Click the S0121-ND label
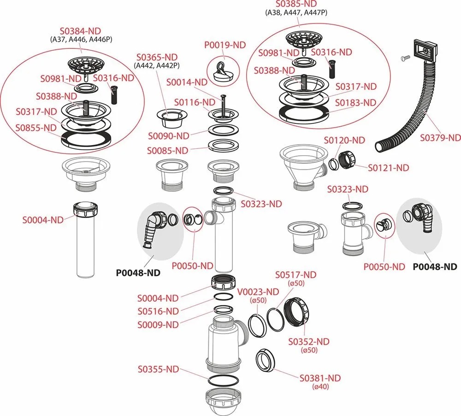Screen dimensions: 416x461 [x=388, y=168]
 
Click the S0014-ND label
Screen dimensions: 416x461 [x=188, y=82]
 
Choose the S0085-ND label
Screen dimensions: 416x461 [x=168, y=151]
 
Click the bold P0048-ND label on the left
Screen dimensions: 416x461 [x=137, y=273]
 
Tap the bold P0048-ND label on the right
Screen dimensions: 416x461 [x=435, y=267]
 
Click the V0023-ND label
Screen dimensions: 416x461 [x=258, y=292]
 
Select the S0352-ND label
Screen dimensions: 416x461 [x=308, y=341]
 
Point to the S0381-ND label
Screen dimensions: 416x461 [x=320, y=378]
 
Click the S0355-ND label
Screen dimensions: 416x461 [x=158, y=369]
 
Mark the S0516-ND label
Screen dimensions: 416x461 [x=158, y=311]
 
